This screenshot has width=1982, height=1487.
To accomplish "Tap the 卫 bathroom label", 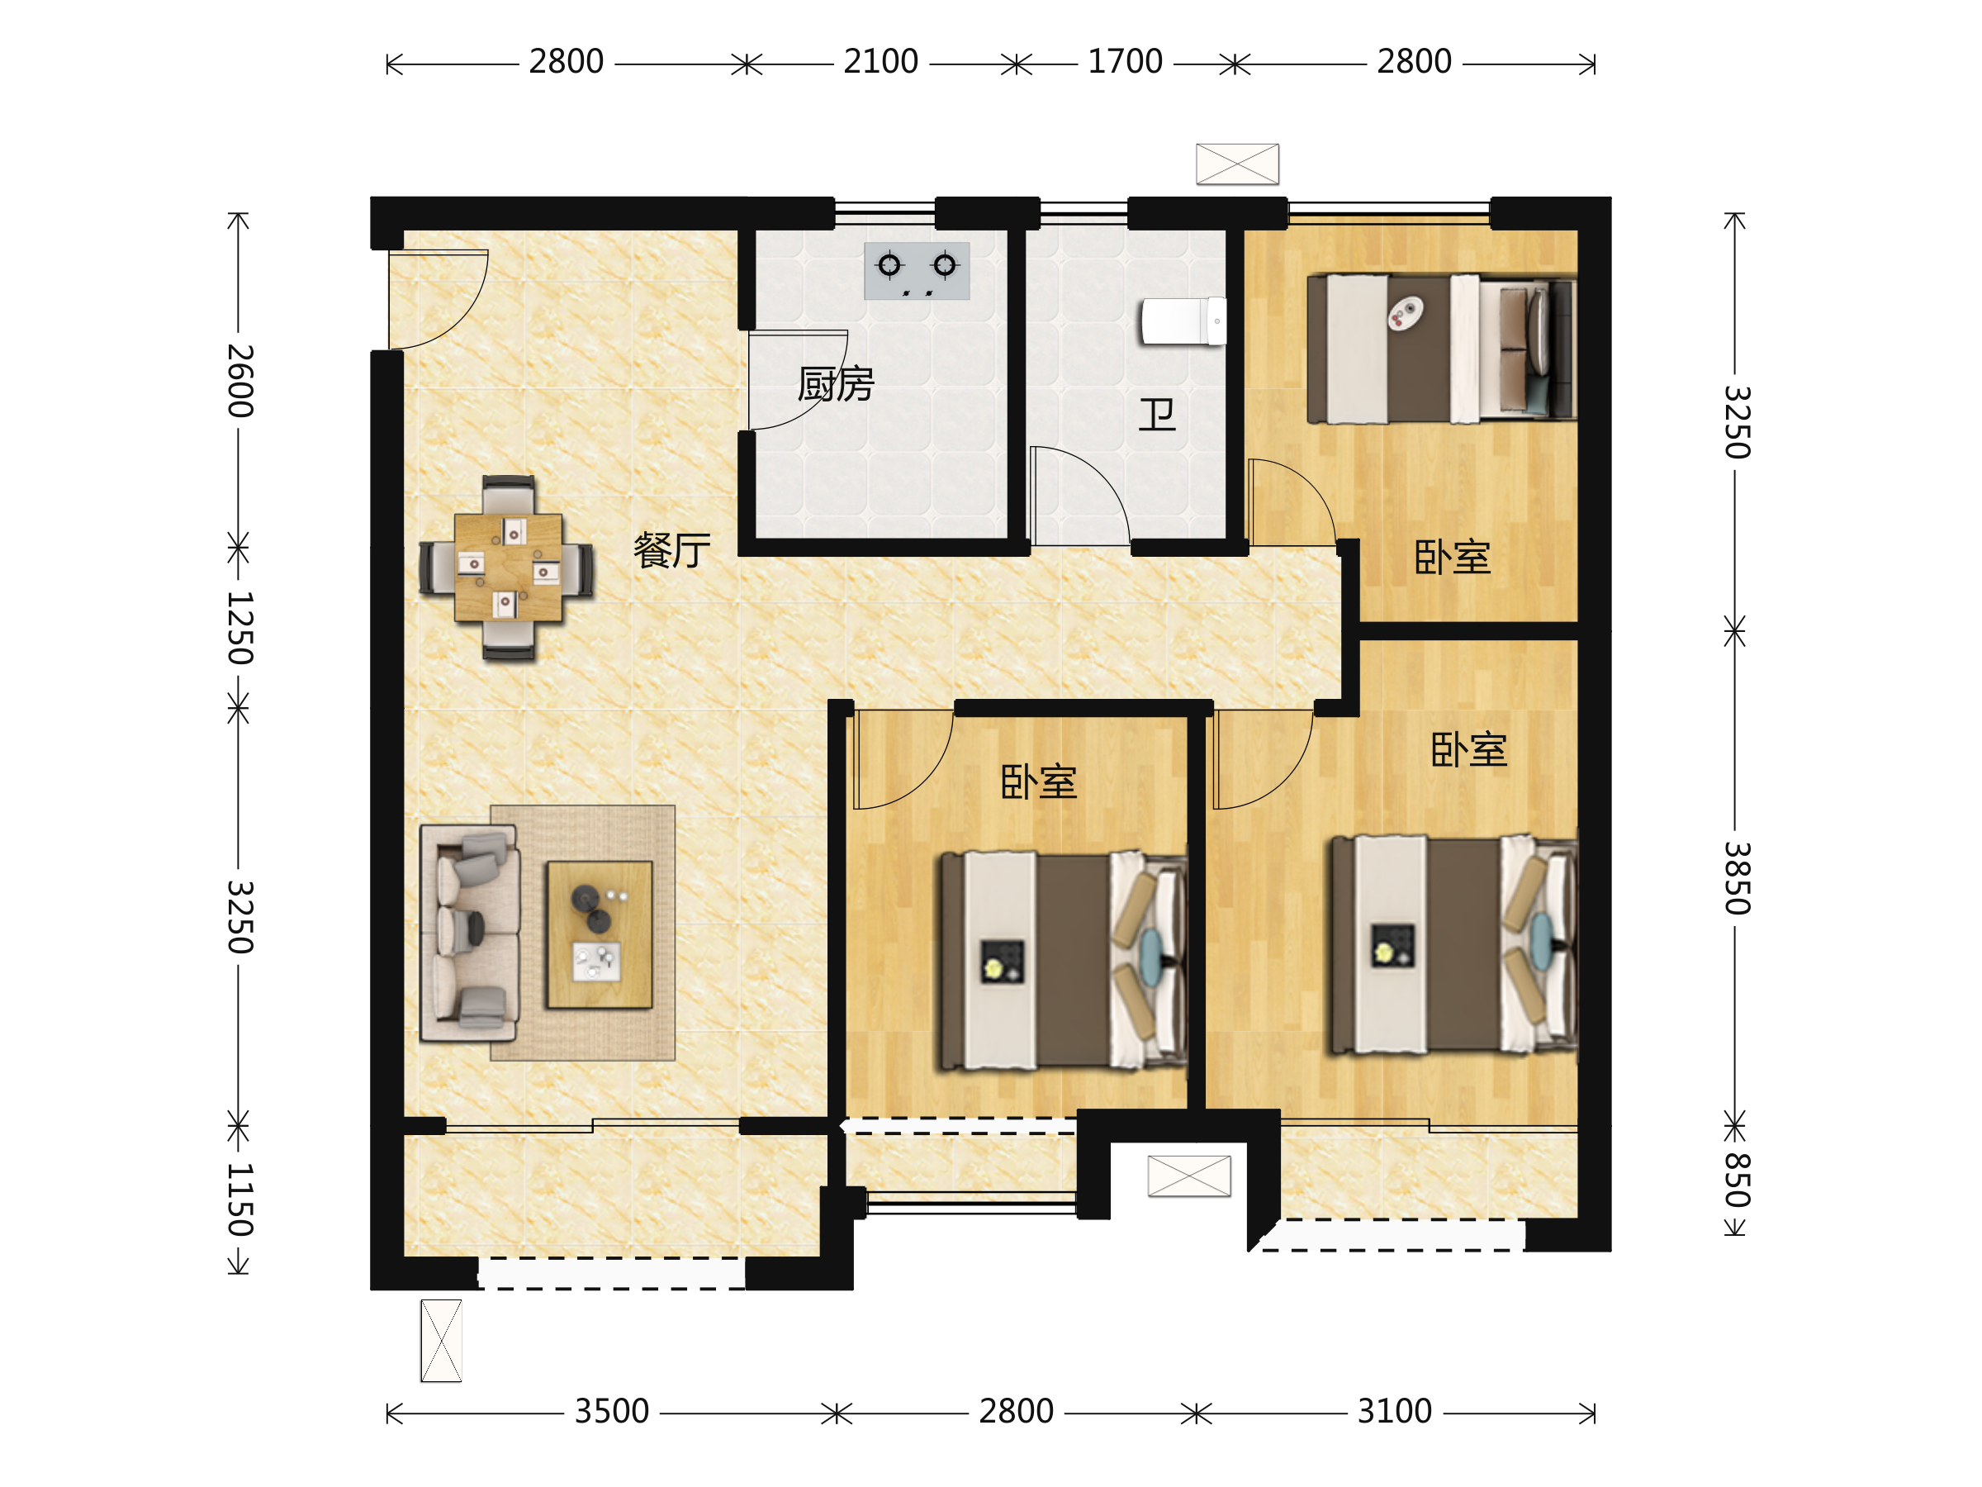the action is click(x=1157, y=415).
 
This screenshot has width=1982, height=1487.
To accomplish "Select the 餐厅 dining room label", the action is click(x=672, y=549).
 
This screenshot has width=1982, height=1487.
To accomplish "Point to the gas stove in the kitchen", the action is click(x=917, y=271).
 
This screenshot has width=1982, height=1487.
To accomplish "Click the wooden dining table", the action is click(x=508, y=568).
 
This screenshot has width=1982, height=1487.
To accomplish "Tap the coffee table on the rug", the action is click(x=600, y=935).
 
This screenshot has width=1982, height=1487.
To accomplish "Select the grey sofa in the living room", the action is click(x=470, y=933).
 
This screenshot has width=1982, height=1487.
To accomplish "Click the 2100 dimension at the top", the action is click(x=881, y=62).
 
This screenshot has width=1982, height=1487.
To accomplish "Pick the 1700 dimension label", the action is click(x=1125, y=62).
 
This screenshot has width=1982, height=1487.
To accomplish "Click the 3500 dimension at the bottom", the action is click(x=611, y=1412).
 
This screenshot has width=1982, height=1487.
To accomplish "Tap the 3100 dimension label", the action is click(x=1394, y=1412).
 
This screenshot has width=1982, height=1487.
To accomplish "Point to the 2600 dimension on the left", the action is click(x=239, y=381).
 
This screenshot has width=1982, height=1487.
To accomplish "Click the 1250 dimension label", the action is click(x=239, y=627).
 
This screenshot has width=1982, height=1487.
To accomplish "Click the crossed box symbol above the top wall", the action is click(x=1237, y=164).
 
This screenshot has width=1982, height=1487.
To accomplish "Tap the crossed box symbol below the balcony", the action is click(x=441, y=1341).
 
